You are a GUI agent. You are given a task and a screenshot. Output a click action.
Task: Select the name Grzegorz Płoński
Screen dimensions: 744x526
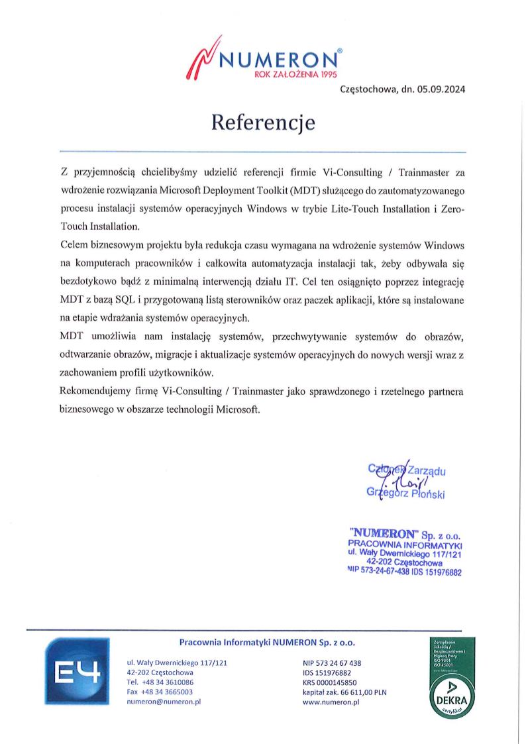[405, 494]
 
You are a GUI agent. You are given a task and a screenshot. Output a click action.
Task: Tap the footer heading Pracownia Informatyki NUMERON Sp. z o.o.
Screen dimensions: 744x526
[267, 642]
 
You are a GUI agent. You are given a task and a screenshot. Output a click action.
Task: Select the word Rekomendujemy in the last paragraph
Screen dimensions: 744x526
[92, 392]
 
